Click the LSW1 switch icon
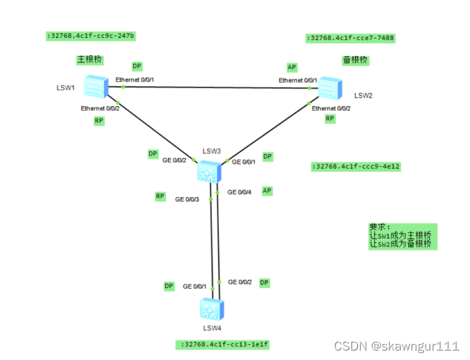coord(95,87)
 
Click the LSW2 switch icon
coord(330,88)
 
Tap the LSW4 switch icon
coord(210,309)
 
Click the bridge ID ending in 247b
coord(92,35)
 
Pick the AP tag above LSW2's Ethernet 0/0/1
coord(292,67)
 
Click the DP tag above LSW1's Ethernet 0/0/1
coord(137,66)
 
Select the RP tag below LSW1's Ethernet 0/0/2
coord(100,121)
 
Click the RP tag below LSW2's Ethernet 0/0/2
coord(330,118)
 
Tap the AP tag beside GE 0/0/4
coord(267,191)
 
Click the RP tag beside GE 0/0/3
coord(160,196)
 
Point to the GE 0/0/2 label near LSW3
coord(175,160)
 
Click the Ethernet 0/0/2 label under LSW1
coord(100,108)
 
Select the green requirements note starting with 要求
coord(402,236)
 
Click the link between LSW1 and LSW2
coord(211,87)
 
